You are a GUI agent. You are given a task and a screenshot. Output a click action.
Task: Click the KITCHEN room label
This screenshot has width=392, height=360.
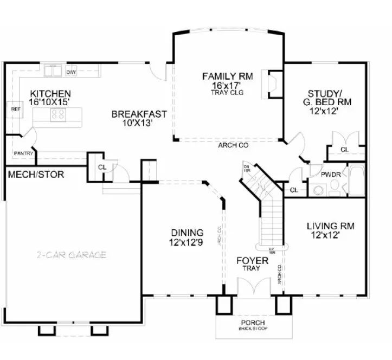(50, 93)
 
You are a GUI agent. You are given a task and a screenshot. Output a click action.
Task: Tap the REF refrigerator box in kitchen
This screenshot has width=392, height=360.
(15, 109)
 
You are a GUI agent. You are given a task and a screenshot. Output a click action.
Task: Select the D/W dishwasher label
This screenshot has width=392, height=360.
(70, 72)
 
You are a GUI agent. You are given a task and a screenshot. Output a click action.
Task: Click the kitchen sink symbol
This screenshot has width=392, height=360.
(54, 71)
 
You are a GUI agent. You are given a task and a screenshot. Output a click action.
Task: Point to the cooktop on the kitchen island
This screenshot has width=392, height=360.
(57, 114)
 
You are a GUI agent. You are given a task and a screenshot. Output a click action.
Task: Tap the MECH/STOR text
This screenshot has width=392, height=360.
(36, 175)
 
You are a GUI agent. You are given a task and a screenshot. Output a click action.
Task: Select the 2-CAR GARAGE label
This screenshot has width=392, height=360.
(72, 255)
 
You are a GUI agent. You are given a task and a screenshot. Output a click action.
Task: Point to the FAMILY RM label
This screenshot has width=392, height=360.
(228, 76)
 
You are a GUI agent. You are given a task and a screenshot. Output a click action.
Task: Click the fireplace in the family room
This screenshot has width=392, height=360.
(273, 83)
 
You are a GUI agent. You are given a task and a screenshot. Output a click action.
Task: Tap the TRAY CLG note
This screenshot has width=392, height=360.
(228, 93)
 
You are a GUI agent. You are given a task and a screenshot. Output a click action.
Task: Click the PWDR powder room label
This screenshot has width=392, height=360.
(330, 176)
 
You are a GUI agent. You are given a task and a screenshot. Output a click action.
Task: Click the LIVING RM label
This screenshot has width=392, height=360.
(330, 226)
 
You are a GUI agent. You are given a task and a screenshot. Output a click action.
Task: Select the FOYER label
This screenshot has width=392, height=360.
(252, 261)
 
